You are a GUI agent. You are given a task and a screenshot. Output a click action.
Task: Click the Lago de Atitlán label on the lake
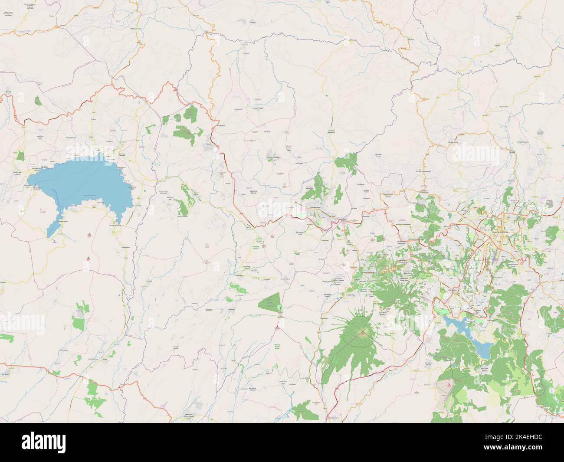point(89,195)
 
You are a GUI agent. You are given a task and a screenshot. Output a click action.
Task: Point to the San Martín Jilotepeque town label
point(331,132)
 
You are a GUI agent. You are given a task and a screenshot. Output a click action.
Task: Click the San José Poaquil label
point(258,108)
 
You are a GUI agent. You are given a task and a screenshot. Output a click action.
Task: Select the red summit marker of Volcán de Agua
point(361,333)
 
